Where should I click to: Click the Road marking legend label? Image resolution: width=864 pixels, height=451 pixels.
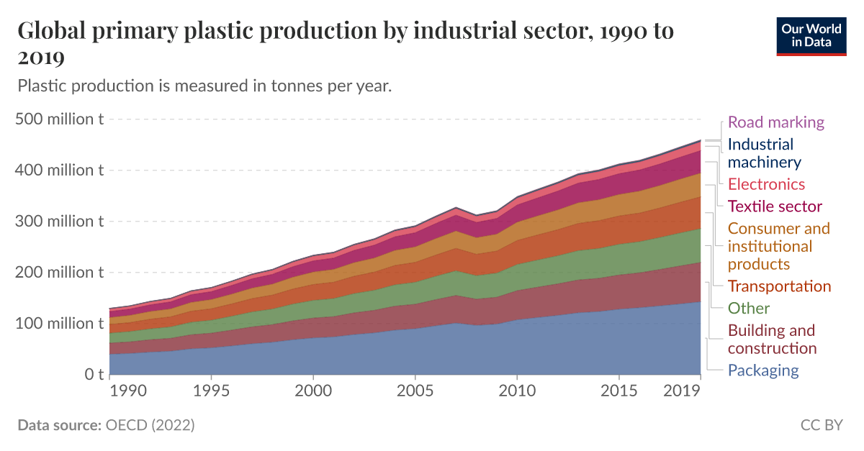click(775, 122)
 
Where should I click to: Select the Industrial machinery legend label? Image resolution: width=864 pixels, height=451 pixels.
click(763, 153)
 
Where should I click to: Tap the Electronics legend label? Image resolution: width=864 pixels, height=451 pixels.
click(766, 184)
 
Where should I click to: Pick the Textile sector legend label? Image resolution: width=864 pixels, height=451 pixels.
click(775, 206)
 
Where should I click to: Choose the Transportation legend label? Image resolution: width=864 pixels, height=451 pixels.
click(779, 286)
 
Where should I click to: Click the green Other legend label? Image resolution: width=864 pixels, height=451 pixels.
click(748, 309)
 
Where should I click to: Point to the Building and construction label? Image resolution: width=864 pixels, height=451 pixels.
click(772, 340)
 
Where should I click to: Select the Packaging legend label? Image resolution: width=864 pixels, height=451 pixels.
click(763, 370)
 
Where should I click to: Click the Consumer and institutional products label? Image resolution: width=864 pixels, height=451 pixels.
click(778, 246)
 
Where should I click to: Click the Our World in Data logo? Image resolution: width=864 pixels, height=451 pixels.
click(811, 35)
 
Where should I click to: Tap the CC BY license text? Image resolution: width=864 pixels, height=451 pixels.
click(821, 425)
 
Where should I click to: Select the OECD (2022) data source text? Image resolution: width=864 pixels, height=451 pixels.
click(150, 425)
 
